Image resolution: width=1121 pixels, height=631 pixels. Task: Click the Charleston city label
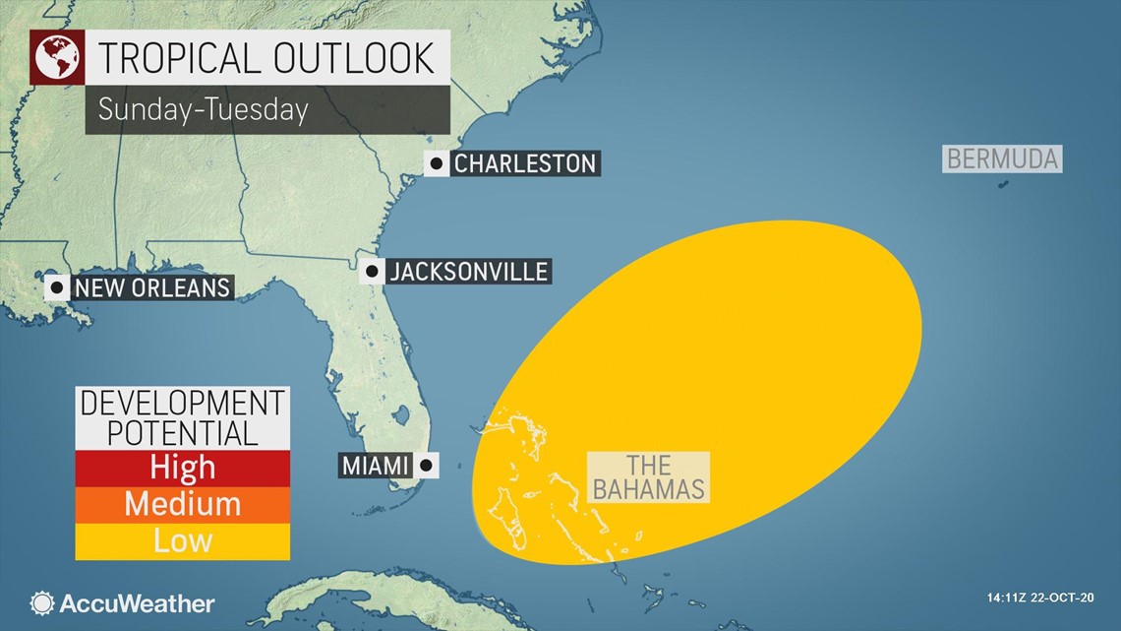tap(525, 163)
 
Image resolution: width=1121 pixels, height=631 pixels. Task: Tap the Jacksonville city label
tap(468, 272)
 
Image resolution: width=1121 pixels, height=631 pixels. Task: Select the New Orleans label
tap(152, 287)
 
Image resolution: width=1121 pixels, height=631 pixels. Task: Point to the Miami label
tap(376, 465)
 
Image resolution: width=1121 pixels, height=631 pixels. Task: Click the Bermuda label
tap(1003, 158)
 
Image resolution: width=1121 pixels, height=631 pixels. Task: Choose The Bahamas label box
tap(648, 477)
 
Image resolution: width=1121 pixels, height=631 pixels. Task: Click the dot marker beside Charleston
tap(437, 163)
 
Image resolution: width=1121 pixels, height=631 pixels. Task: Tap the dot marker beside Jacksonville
tap(372, 272)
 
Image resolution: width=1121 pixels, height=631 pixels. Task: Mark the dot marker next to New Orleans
tap(56, 287)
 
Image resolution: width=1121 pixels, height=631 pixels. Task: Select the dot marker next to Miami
tap(427, 465)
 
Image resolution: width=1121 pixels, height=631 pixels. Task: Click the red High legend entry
tap(183, 468)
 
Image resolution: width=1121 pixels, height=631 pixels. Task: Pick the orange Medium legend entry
tap(183, 504)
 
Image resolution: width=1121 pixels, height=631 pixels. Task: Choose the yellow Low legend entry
tap(183, 540)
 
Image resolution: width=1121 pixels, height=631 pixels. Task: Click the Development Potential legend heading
tap(183, 417)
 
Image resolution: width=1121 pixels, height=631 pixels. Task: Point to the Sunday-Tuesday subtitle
tap(204, 109)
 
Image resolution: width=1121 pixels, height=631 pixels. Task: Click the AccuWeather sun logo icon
tap(42, 603)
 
